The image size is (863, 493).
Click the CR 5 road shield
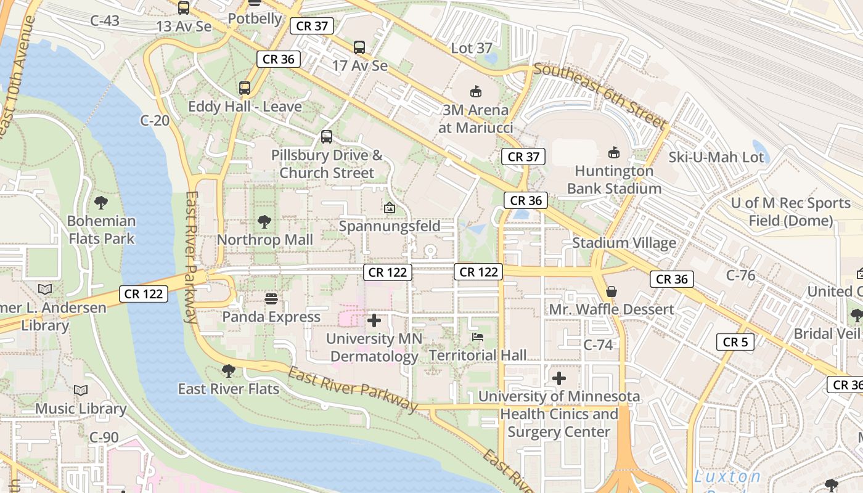[x=735, y=342]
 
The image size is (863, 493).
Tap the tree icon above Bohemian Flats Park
[x=100, y=202]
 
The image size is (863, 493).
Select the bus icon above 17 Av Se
[x=359, y=47]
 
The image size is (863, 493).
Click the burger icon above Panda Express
[x=271, y=299]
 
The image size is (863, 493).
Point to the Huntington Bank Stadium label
[x=614, y=179]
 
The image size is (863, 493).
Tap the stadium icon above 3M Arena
[x=475, y=92]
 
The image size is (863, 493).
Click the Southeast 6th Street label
[x=600, y=96]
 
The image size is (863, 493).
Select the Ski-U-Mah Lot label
[x=716, y=157]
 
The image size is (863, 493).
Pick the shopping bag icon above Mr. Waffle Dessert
[x=611, y=291]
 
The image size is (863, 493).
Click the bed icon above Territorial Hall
[x=478, y=336]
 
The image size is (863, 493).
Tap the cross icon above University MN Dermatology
[x=374, y=320]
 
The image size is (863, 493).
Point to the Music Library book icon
[x=81, y=390]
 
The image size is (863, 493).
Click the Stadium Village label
[x=624, y=243]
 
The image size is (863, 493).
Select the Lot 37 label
[x=472, y=48]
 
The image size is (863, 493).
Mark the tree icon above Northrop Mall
[x=264, y=221]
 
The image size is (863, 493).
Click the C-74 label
[x=598, y=345]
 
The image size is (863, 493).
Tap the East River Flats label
[x=229, y=389]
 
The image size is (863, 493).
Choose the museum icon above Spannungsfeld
[x=390, y=208]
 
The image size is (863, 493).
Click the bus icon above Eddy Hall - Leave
[x=245, y=88]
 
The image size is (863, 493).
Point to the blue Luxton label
[x=727, y=476]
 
